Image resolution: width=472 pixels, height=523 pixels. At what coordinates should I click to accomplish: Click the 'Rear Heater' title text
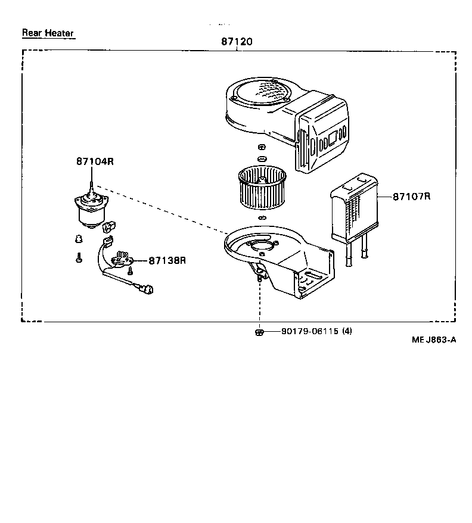pos(48,33)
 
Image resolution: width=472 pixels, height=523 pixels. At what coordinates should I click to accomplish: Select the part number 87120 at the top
pos(237,42)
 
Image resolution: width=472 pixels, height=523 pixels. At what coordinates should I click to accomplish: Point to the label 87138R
pos(167,260)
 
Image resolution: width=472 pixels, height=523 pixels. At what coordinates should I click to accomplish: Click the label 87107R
pos(411,195)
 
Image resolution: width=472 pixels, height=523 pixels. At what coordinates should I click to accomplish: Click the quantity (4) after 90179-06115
pos(346,332)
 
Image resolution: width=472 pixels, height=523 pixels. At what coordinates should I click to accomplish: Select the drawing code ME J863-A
pos(433,340)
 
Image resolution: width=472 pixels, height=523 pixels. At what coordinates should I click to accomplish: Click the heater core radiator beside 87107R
pos(352,208)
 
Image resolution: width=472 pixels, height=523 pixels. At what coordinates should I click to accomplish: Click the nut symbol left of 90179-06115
pos(259,332)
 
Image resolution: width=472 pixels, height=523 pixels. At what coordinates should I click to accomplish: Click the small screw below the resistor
pos(130,271)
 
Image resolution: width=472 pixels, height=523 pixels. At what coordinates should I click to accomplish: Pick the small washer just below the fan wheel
pos(260,219)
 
